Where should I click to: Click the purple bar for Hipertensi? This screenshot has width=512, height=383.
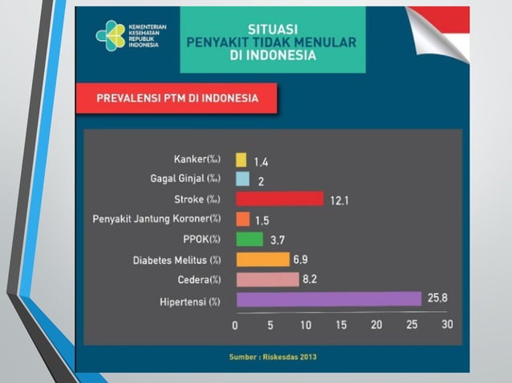pyautogui.click(x=328, y=300)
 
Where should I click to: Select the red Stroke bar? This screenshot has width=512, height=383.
pyautogui.click(x=279, y=199)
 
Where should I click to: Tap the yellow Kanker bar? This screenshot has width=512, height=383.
pyautogui.click(x=241, y=159)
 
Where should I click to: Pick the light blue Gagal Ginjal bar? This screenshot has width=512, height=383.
pyautogui.click(x=242, y=179)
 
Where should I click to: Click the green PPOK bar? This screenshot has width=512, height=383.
pyautogui.click(x=250, y=239)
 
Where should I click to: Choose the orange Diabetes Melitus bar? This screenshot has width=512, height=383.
pyautogui.click(x=262, y=259)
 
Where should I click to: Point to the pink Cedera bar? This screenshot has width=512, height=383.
pyautogui.click(x=267, y=280)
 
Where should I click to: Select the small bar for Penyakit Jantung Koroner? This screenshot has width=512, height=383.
pyautogui.click(x=242, y=219)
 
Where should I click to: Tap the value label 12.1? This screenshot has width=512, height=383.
pyautogui.click(x=339, y=200)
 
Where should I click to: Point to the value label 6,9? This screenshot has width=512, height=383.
pyautogui.click(x=301, y=259)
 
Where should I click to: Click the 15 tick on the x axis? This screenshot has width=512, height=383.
pyautogui.click(x=341, y=325)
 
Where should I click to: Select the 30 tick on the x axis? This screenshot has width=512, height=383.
pyautogui.click(x=447, y=325)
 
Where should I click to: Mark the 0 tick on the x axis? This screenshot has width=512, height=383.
pyautogui.click(x=235, y=325)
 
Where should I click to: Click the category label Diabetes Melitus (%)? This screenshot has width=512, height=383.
pyautogui.click(x=177, y=260)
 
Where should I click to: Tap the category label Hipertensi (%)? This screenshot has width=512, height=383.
pyautogui.click(x=189, y=301)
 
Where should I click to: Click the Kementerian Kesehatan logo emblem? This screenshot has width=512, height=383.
pyautogui.click(x=110, y=35)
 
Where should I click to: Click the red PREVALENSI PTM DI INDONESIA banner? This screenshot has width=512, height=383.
pyautogui.click(x=177, y=99)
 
